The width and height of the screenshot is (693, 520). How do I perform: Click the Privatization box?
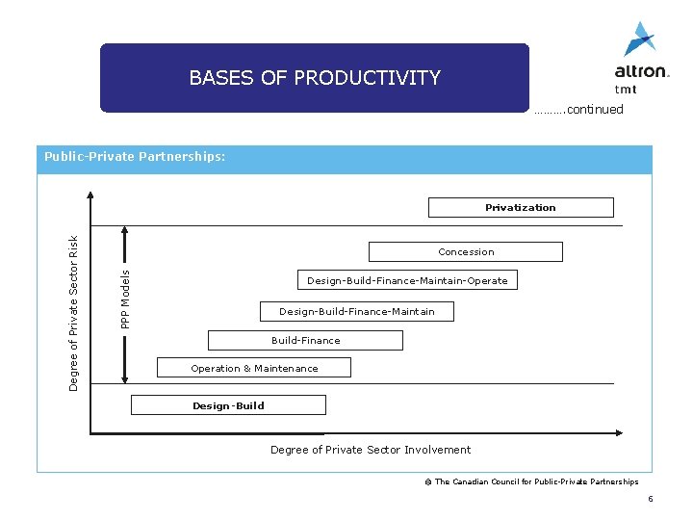pyautogui.click(x=520, y=207)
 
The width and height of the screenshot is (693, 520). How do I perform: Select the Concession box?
pyautogui.click(x=466, y=252)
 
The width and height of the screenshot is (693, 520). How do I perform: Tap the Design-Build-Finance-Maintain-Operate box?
pyautogui.click(x=407, y=280)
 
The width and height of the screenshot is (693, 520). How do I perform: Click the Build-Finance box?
pyautogui.click(x=305, y=340)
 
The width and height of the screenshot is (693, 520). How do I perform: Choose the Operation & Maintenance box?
pyautogui.click(x=254, y=368)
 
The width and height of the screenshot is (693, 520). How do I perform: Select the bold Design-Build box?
pyautogui.click(x=228, y=405)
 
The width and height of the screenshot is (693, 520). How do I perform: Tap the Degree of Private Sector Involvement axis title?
pyautogui.click(x=371, y=450)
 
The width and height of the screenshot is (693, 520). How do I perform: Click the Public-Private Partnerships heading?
pyautogui.click(x=135, y=156)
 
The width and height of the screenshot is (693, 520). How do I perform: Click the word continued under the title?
pyautogui.click(x=595, y=110)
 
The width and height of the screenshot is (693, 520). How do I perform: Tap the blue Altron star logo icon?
pyautogui.click(x=639, y=39)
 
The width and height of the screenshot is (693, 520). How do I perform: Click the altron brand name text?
pyautogui.click(x=640, y=71)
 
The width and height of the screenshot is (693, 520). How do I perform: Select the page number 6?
pyautogui.click(x=651, y=499)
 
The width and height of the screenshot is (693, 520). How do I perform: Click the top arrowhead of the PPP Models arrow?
pyautogui.click(x=123, y=230)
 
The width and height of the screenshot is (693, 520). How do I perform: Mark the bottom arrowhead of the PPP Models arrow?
pyautogui.click(x=123, y=378)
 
